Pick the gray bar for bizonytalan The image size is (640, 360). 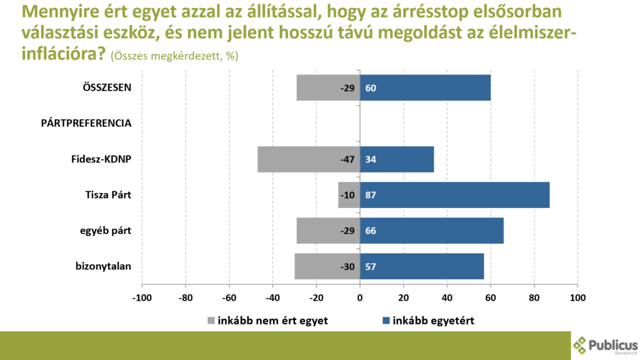click(319, 266)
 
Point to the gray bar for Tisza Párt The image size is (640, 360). click(342, 195)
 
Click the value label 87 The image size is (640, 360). click(371, 195)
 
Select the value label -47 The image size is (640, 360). click(347, 159)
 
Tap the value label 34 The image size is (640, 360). click(371, 159)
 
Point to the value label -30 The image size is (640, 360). click(347, 266)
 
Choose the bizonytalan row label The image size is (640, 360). click(103, 267)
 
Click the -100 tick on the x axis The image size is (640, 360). click(142, 297)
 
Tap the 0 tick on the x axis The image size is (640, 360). click(360, 297)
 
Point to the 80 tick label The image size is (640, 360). click(534, 297)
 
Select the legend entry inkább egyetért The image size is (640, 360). click(428, 321)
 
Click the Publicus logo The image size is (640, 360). click(605, 346)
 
